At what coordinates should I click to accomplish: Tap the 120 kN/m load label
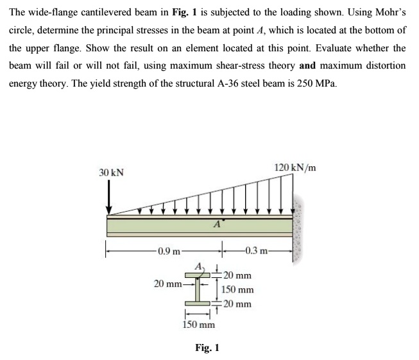295,168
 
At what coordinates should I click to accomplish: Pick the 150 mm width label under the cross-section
197,324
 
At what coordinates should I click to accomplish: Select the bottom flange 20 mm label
236,304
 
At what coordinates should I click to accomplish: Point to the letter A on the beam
218,224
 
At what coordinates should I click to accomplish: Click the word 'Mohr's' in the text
386,13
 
